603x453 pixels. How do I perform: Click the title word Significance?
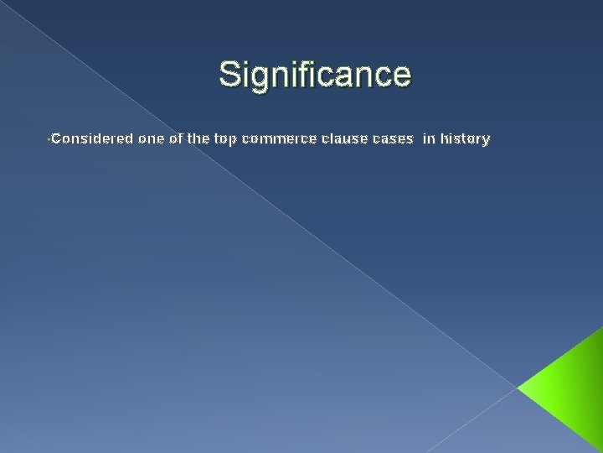[315, 74]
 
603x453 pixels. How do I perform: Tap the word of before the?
[177, 139]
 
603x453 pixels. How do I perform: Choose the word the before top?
[199, 139]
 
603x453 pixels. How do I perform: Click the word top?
[226, 140]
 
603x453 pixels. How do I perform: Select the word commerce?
[275, 139]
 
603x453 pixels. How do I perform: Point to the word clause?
[340, 139]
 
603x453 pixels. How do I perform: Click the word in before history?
[429, 139]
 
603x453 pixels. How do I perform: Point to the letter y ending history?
[487, 141]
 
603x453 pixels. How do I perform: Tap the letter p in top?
[234, 141]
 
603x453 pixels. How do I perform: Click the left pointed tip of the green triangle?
[518, 389]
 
